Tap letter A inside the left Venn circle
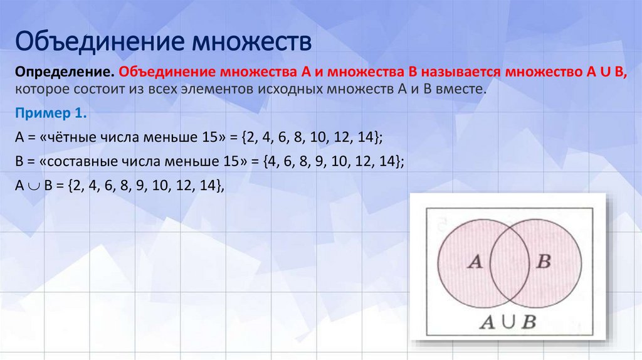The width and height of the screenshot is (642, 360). point(475,262)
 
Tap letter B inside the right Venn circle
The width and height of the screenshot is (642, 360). point(543,262)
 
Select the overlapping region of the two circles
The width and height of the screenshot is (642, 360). point(508,262)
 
